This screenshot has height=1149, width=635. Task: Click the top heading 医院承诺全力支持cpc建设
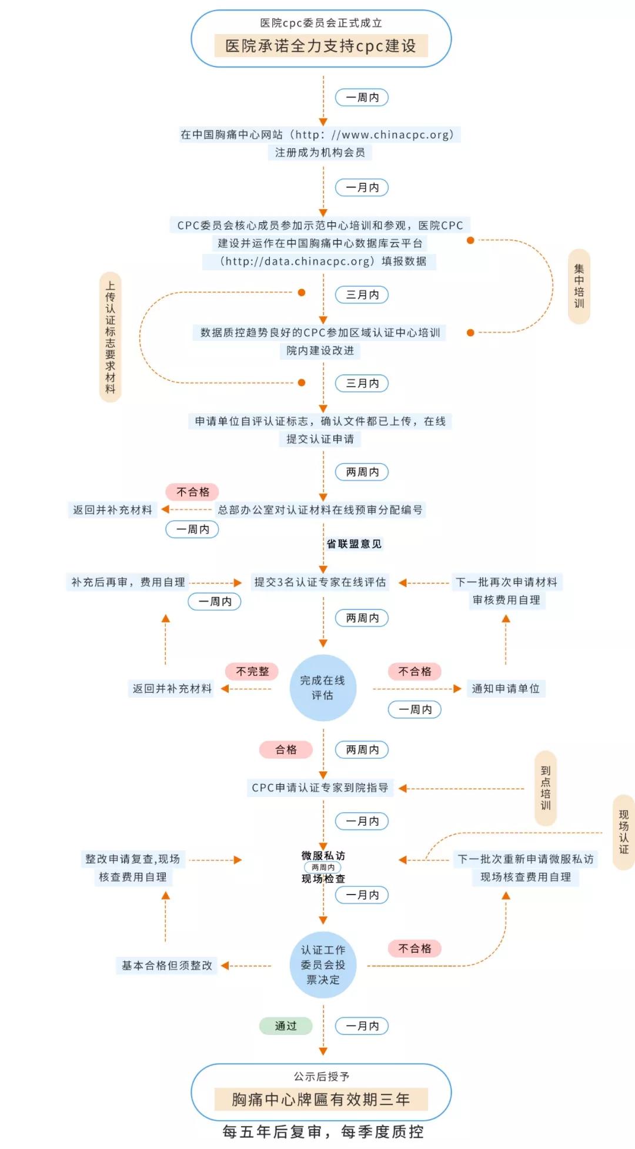[320, 46]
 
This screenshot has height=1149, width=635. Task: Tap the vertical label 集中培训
[579, 286]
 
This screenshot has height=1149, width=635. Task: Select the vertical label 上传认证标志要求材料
[111, 337]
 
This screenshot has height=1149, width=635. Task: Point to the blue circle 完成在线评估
[323, 688]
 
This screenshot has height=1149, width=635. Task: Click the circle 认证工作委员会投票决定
[323, 964]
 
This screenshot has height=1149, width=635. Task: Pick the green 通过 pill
[286, 1026]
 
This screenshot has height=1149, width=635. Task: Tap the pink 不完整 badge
[252, 671]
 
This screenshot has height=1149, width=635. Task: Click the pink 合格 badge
[286, 749]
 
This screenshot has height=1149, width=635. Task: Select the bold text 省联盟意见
[354, 544]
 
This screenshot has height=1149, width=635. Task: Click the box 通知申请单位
[506, 688]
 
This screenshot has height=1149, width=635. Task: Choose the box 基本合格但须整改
[167, 965]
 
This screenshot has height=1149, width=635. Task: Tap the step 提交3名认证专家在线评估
[320, 582]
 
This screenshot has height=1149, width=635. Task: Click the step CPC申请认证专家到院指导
[320, 788]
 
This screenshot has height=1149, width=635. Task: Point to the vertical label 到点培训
[546, 788]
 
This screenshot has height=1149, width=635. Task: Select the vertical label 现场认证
[624, 832]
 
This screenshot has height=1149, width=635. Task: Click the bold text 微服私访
[323, 856]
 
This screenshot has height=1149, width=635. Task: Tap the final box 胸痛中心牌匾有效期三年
[320, 1099]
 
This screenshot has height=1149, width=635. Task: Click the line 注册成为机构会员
[320, 152]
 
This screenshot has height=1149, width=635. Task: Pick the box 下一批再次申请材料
[506, 582]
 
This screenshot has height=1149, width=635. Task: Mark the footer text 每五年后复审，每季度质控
[323, 1131]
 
